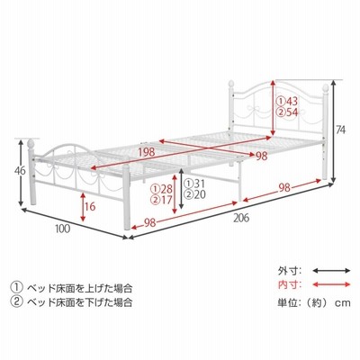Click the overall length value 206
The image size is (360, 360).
241,218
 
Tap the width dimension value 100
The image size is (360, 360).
63,229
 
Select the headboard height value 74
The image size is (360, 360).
340,130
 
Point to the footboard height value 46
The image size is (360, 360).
20,171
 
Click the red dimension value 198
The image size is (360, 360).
147,152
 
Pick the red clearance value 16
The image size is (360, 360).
89,206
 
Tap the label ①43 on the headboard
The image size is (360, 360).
287,101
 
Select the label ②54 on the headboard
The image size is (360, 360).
287,112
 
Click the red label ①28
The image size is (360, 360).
161,189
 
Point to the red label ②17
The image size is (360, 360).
161,200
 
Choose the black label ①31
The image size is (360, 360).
195,184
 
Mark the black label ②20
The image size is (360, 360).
195,194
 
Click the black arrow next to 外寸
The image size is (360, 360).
331,271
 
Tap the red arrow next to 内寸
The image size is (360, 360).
331,284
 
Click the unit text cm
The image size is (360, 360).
343,303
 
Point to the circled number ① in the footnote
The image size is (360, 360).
16,288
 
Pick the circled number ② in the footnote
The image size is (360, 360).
16,301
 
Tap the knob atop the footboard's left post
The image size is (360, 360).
31,143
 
